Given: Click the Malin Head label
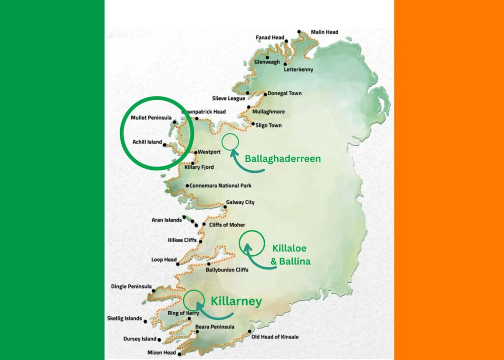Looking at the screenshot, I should click(324, 33).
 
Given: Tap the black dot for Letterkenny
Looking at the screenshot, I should click(285, 64).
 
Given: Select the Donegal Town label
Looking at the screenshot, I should click(285, 94).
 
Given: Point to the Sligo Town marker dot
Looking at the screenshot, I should click(252, 124).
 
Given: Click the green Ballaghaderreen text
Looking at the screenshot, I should click(283, 159).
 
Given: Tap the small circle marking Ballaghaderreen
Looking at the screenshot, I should click(229, 142).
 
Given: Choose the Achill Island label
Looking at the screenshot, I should click(147, 142).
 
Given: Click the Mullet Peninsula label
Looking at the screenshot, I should click(151, 118).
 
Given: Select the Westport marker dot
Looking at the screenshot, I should click(195, 152).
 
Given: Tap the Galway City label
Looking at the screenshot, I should click(240, 202).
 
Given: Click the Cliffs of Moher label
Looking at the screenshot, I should click(227, 225).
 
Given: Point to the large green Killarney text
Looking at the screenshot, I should click(236, 301).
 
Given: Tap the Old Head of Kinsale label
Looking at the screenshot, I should click(275, 337).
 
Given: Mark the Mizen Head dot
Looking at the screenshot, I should click(180, 353).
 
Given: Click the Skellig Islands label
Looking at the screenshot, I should click(125, 319).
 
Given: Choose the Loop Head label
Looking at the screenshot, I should click(164, 260).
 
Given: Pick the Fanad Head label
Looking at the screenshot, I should click(270, 37).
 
